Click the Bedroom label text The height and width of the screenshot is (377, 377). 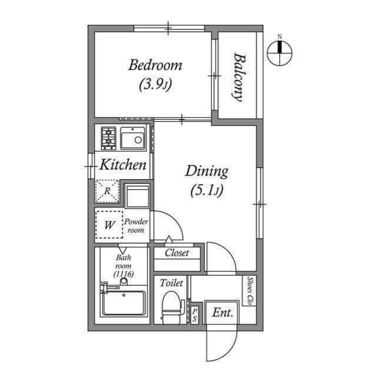coord(155,65)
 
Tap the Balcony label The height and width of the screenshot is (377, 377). coord(238,77)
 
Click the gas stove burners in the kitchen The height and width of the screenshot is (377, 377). coord(108,138)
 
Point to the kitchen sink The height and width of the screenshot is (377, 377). coord(133,139)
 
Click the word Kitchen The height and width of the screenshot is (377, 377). coord(123,166)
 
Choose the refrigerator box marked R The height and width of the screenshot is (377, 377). coord(107,191)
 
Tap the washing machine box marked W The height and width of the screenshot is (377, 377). coord(108,224)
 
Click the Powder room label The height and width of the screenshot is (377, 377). coord(136,226)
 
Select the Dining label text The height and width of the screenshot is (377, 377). coord(206,171)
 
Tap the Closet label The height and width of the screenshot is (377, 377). coord(177,253)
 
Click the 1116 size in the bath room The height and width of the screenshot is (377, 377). coord(123,275)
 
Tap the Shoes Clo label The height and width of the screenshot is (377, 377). coord(250,290)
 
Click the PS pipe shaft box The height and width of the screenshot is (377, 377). coord(195,313)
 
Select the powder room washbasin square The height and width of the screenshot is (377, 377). coord(138,196)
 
